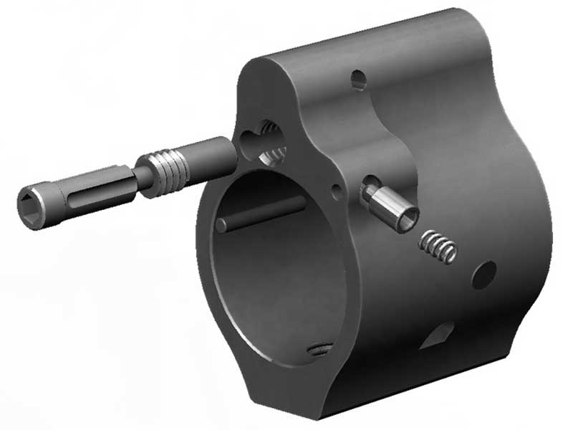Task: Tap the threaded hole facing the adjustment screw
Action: click(270, 143)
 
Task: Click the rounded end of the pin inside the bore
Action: click(222, 224)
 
